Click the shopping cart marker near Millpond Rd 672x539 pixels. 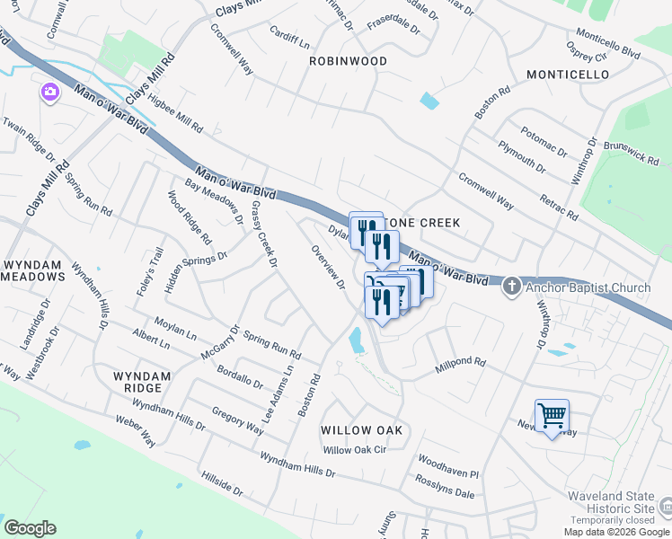click(x=552, y=416)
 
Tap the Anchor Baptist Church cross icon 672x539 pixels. click(x=511, y=287)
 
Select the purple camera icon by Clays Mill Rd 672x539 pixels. click(x=49, y=92)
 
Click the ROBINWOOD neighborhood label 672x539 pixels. click(x=348, y=61)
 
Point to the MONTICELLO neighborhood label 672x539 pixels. click(x=568, y=75)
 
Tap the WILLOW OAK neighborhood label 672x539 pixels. click(x=361, y=431)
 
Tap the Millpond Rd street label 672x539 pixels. click(x=460, y=364)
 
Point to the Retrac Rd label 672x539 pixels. click(x=559, y=206)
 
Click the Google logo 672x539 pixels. click(x=30, y=528)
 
